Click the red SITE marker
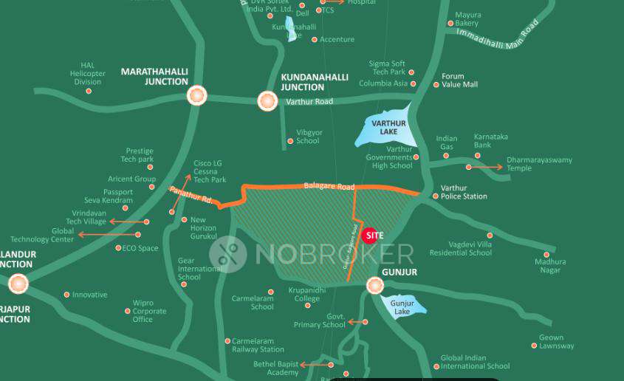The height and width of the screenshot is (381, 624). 375,236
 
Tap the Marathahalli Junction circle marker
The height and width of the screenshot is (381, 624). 196,95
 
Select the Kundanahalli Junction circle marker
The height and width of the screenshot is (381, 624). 267,100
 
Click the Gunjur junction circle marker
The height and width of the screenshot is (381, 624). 375,285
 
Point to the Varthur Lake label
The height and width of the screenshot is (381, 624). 385,127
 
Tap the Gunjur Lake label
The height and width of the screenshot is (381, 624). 402,307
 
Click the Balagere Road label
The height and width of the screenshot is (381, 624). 329,187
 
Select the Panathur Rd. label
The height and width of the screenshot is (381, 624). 191,196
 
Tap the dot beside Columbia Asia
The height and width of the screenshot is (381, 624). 413,83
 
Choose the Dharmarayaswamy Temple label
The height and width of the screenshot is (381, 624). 539,164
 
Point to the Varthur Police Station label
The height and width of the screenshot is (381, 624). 464,192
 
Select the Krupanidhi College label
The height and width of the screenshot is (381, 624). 307,294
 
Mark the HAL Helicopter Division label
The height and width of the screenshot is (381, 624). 88,73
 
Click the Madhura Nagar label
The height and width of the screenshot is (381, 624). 551,266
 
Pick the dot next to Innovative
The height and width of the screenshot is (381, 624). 66,295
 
